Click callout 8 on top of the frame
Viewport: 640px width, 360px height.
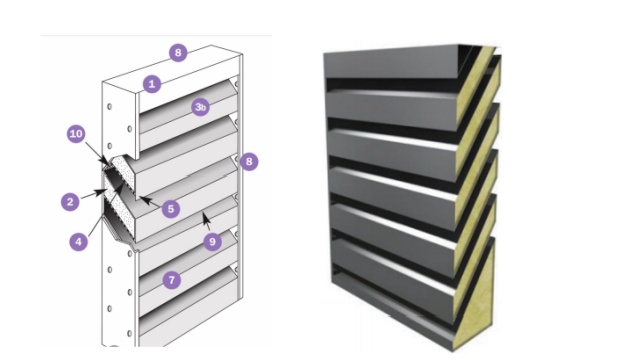[x=178, y=53]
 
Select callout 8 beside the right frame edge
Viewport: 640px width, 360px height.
[x=249, y=162]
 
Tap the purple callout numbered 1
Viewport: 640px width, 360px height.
[x=152, y=84]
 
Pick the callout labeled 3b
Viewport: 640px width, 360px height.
[x=200, y=107]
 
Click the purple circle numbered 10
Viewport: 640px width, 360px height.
[x=76, y=134]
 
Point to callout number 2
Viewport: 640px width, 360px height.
[x=70, y=202]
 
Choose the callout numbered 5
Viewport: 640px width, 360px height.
[x=171, y=209]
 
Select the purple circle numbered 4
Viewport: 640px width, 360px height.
[x=78, y=242]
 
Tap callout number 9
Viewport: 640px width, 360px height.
[x=212, y=242]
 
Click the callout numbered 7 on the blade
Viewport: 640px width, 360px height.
[x=171, y=280]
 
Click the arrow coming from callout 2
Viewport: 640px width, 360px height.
[x=92, y=194]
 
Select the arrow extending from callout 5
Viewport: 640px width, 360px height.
[x=151, y=201]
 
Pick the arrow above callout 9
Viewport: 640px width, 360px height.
[x=207, y=222]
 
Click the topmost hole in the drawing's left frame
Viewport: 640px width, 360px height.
[x=109, y=107]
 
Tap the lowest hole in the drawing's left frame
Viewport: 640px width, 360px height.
[x=129, y=333]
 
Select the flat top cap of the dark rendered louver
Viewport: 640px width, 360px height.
[x=392, y=62]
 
